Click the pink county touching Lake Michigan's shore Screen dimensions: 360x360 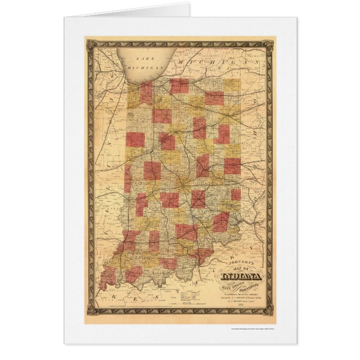pyautogui.click(x=147, y=93)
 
